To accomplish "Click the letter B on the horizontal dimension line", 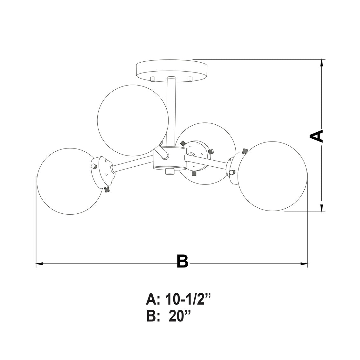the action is [183, 261].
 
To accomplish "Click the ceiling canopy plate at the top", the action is [172, 69].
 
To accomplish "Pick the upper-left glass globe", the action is [133, 121].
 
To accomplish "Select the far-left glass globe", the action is [69, 181].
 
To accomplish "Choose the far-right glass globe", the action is [273, 176].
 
